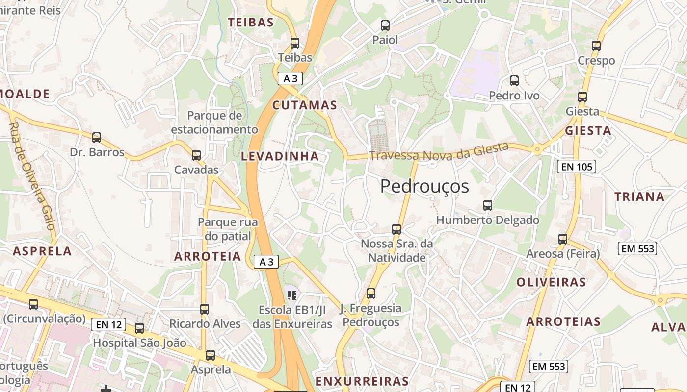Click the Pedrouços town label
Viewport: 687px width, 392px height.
(x=424, y=186)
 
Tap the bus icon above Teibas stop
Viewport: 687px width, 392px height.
(x=294, y=43)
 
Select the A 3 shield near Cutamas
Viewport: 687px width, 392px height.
(x=290, y=78)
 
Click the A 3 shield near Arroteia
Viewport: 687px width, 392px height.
(x=266, y=262)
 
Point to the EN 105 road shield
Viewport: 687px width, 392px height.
(x=577, y=167)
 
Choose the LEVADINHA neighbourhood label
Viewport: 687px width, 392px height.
(x=280, y=156)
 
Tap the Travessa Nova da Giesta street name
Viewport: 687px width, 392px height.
(x=438, y=151)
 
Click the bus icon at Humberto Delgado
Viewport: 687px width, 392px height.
(x=487, y=205)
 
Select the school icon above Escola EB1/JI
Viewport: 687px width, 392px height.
(x=292, y=295)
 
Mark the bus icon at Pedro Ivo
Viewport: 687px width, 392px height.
(x=514, y=80)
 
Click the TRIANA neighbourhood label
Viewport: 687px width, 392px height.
(x=639, y=197)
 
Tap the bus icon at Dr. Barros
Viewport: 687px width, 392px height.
(x=97, y=137)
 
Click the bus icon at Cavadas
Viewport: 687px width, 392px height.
(x=196, y=155)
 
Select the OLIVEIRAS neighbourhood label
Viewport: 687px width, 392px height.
(x=551, y=282)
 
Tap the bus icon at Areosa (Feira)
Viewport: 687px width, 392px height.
(x=562, y=239)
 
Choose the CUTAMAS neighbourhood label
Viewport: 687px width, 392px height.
(x=305, y=105)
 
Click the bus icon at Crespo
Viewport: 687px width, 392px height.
(x=596, y=46)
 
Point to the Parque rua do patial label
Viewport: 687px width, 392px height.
(x=227, y=229)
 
